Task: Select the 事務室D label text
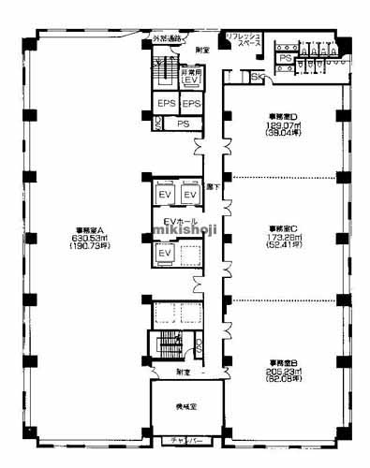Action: coord(282,117)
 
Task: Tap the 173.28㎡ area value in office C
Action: coord(282,238)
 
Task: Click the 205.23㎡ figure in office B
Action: coord(282,372)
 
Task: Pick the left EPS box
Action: coord(166,103)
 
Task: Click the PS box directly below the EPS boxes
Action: coord(184,123)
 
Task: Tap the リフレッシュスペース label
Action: coord(243,40)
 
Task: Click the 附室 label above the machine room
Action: coord(183,372)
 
